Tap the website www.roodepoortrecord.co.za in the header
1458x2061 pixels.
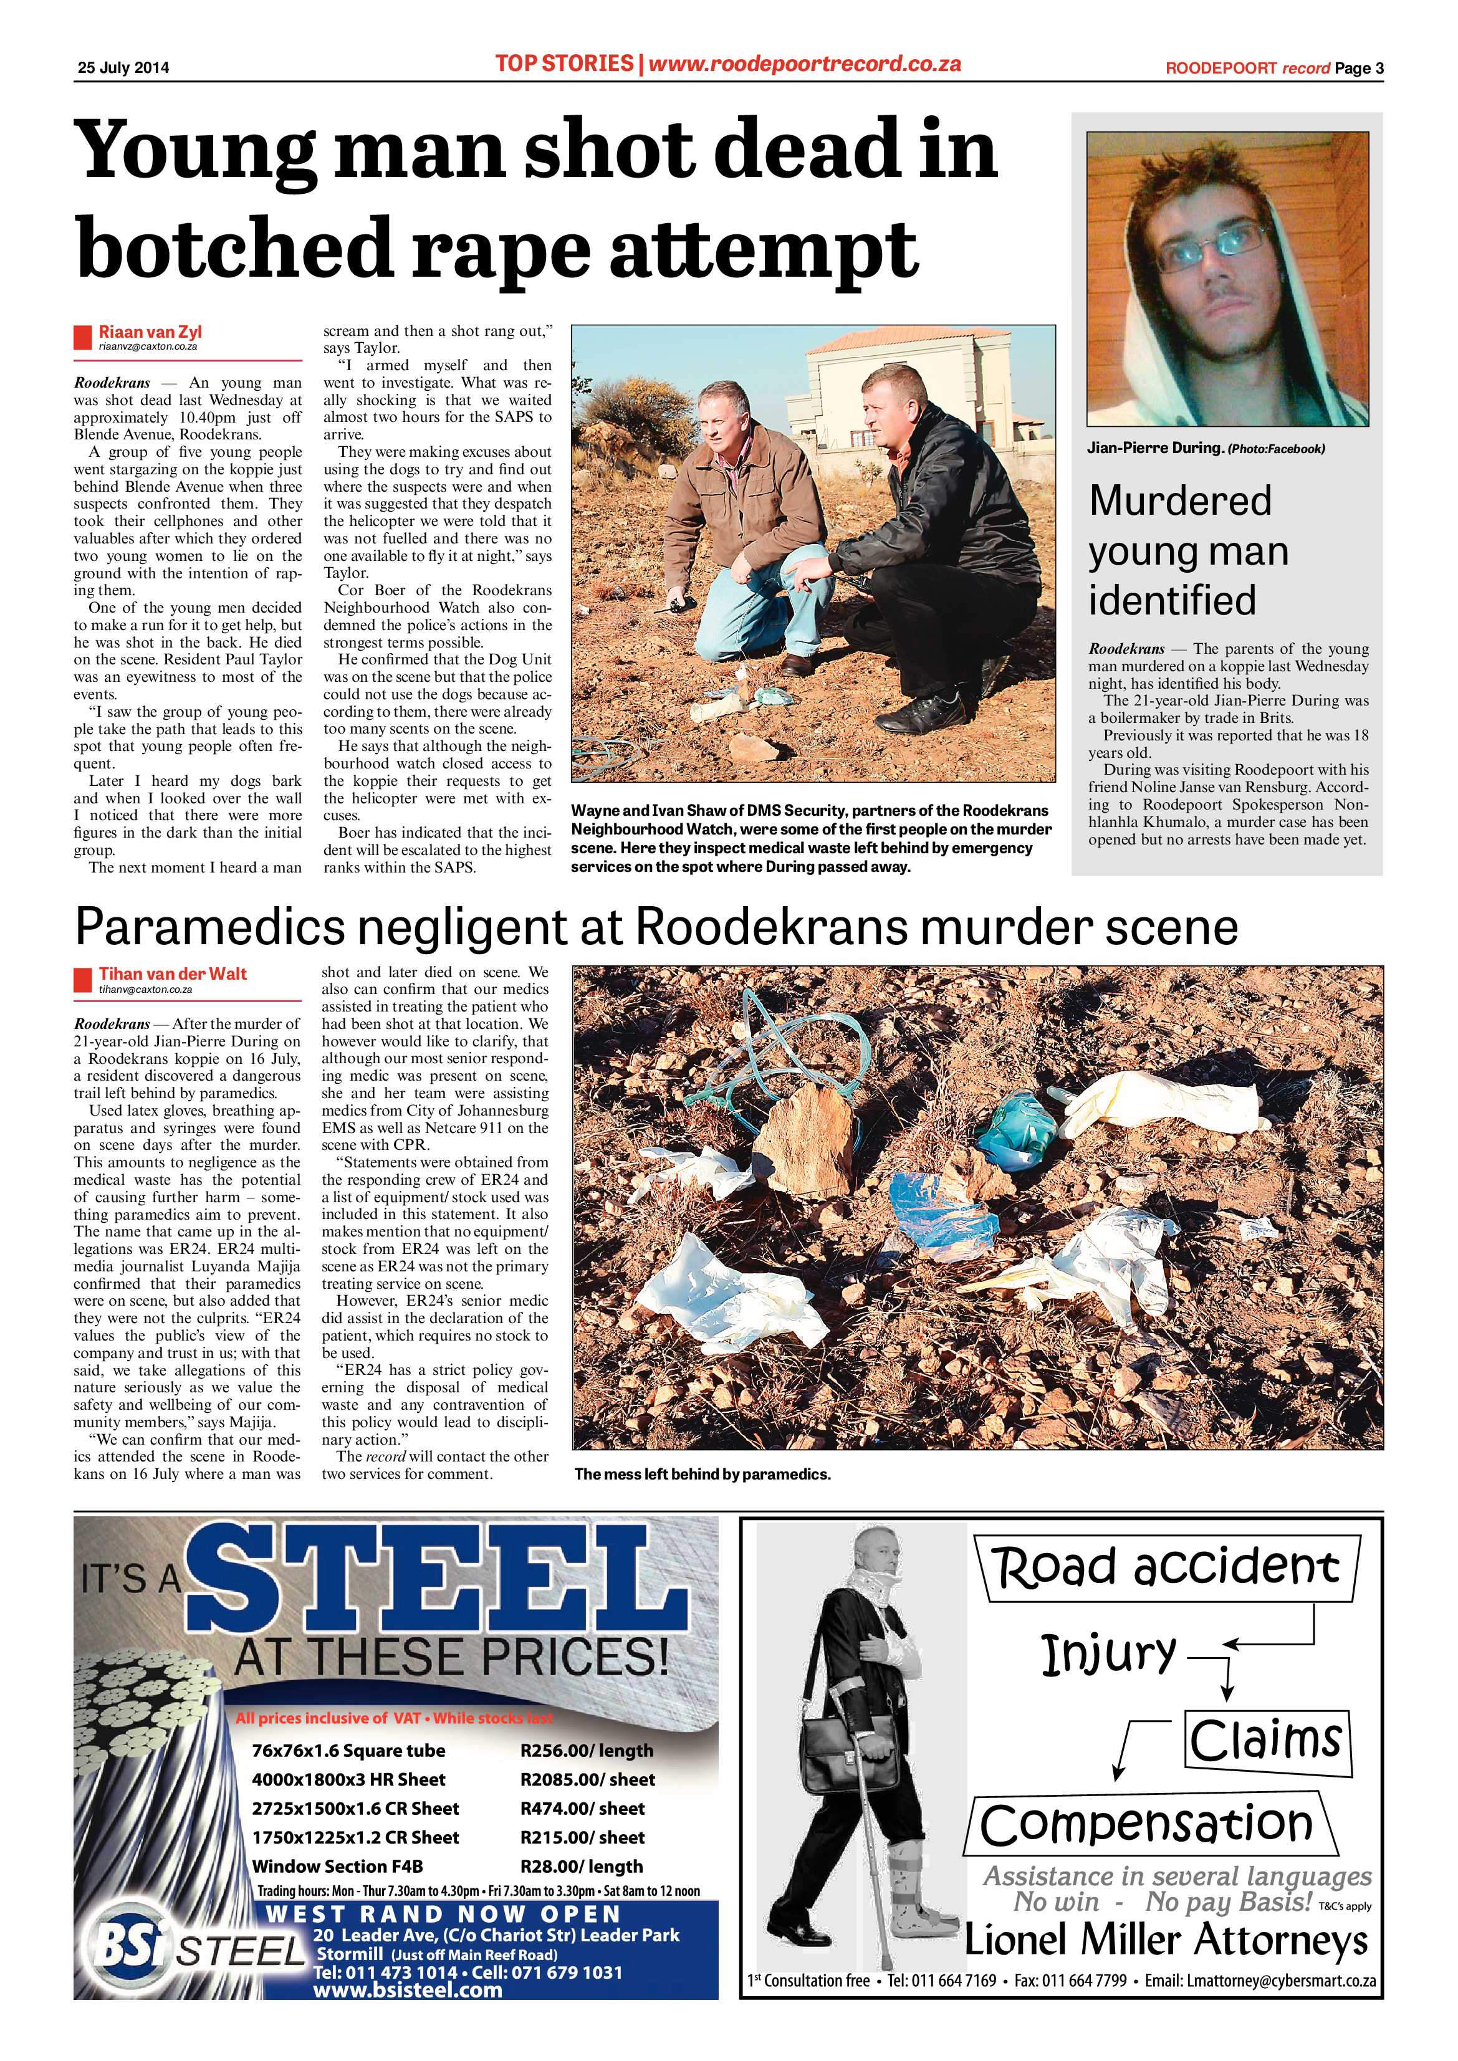coord(804,64)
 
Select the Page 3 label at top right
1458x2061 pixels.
coord(1358,68)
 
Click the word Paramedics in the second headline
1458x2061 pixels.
coord(209,927)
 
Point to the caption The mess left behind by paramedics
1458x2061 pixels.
coord(702,1475)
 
